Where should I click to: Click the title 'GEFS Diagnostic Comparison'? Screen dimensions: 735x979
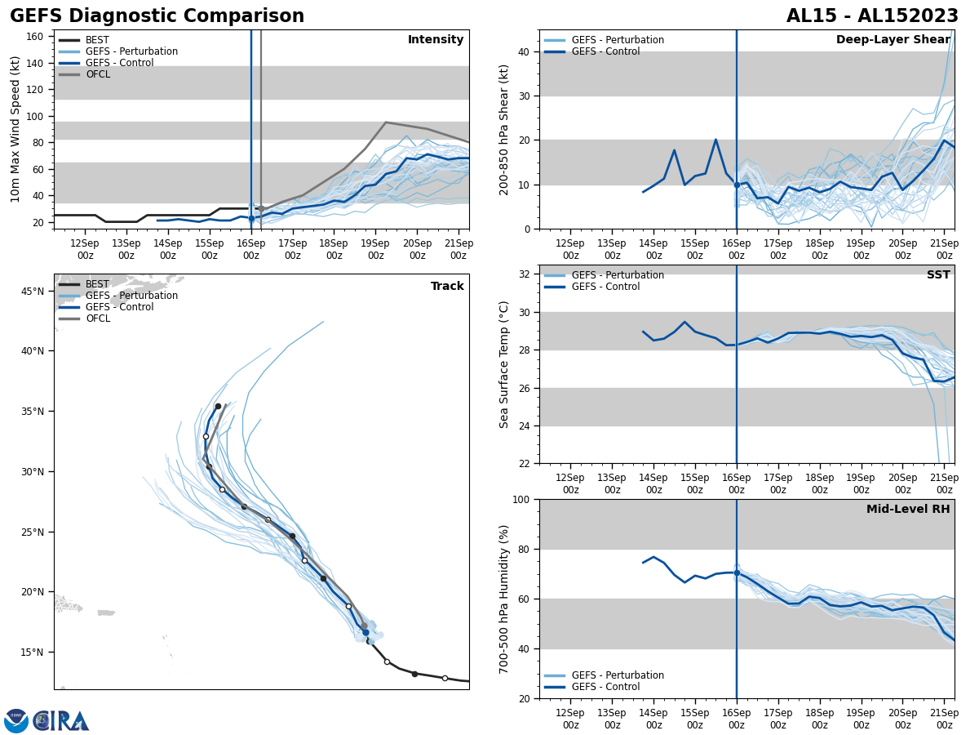pyautogui.click(x=157, y=16)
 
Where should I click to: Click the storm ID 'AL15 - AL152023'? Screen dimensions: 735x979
pyautogui.click(x=872, y=16)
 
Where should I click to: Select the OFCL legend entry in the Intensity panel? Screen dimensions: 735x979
pyautogui.click(x=98, y=74)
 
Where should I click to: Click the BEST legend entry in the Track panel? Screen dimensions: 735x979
pyautogui.click(x=97, y=284)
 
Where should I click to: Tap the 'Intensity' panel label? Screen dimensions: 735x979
pyautogui.click(x=436, y=40)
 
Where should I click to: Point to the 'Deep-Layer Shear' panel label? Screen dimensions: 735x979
pyautogui.click(x=893, y=40)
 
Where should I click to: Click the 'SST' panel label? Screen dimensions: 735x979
pyautogui.click(x=938, y=275)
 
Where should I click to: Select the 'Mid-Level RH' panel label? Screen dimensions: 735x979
pyautogui.click(x=908, y=510)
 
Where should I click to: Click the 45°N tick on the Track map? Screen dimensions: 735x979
pyautogui.click(x=32, y=291)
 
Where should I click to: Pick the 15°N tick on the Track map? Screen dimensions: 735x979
pyautogui.click(x=32, y=653)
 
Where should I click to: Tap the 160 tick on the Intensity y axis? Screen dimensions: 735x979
pyautogui.click(x=35, y=37)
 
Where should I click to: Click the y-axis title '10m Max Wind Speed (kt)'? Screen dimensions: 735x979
pyautogui.click(x=16, y=129)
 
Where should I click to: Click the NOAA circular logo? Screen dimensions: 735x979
pyautogui.click(x=16, y=721)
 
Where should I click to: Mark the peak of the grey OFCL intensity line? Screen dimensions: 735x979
pyautogui.click(x=386, y=122)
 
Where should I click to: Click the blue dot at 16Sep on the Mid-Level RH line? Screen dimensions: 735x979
pyautogui.click(x=737, y=572)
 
